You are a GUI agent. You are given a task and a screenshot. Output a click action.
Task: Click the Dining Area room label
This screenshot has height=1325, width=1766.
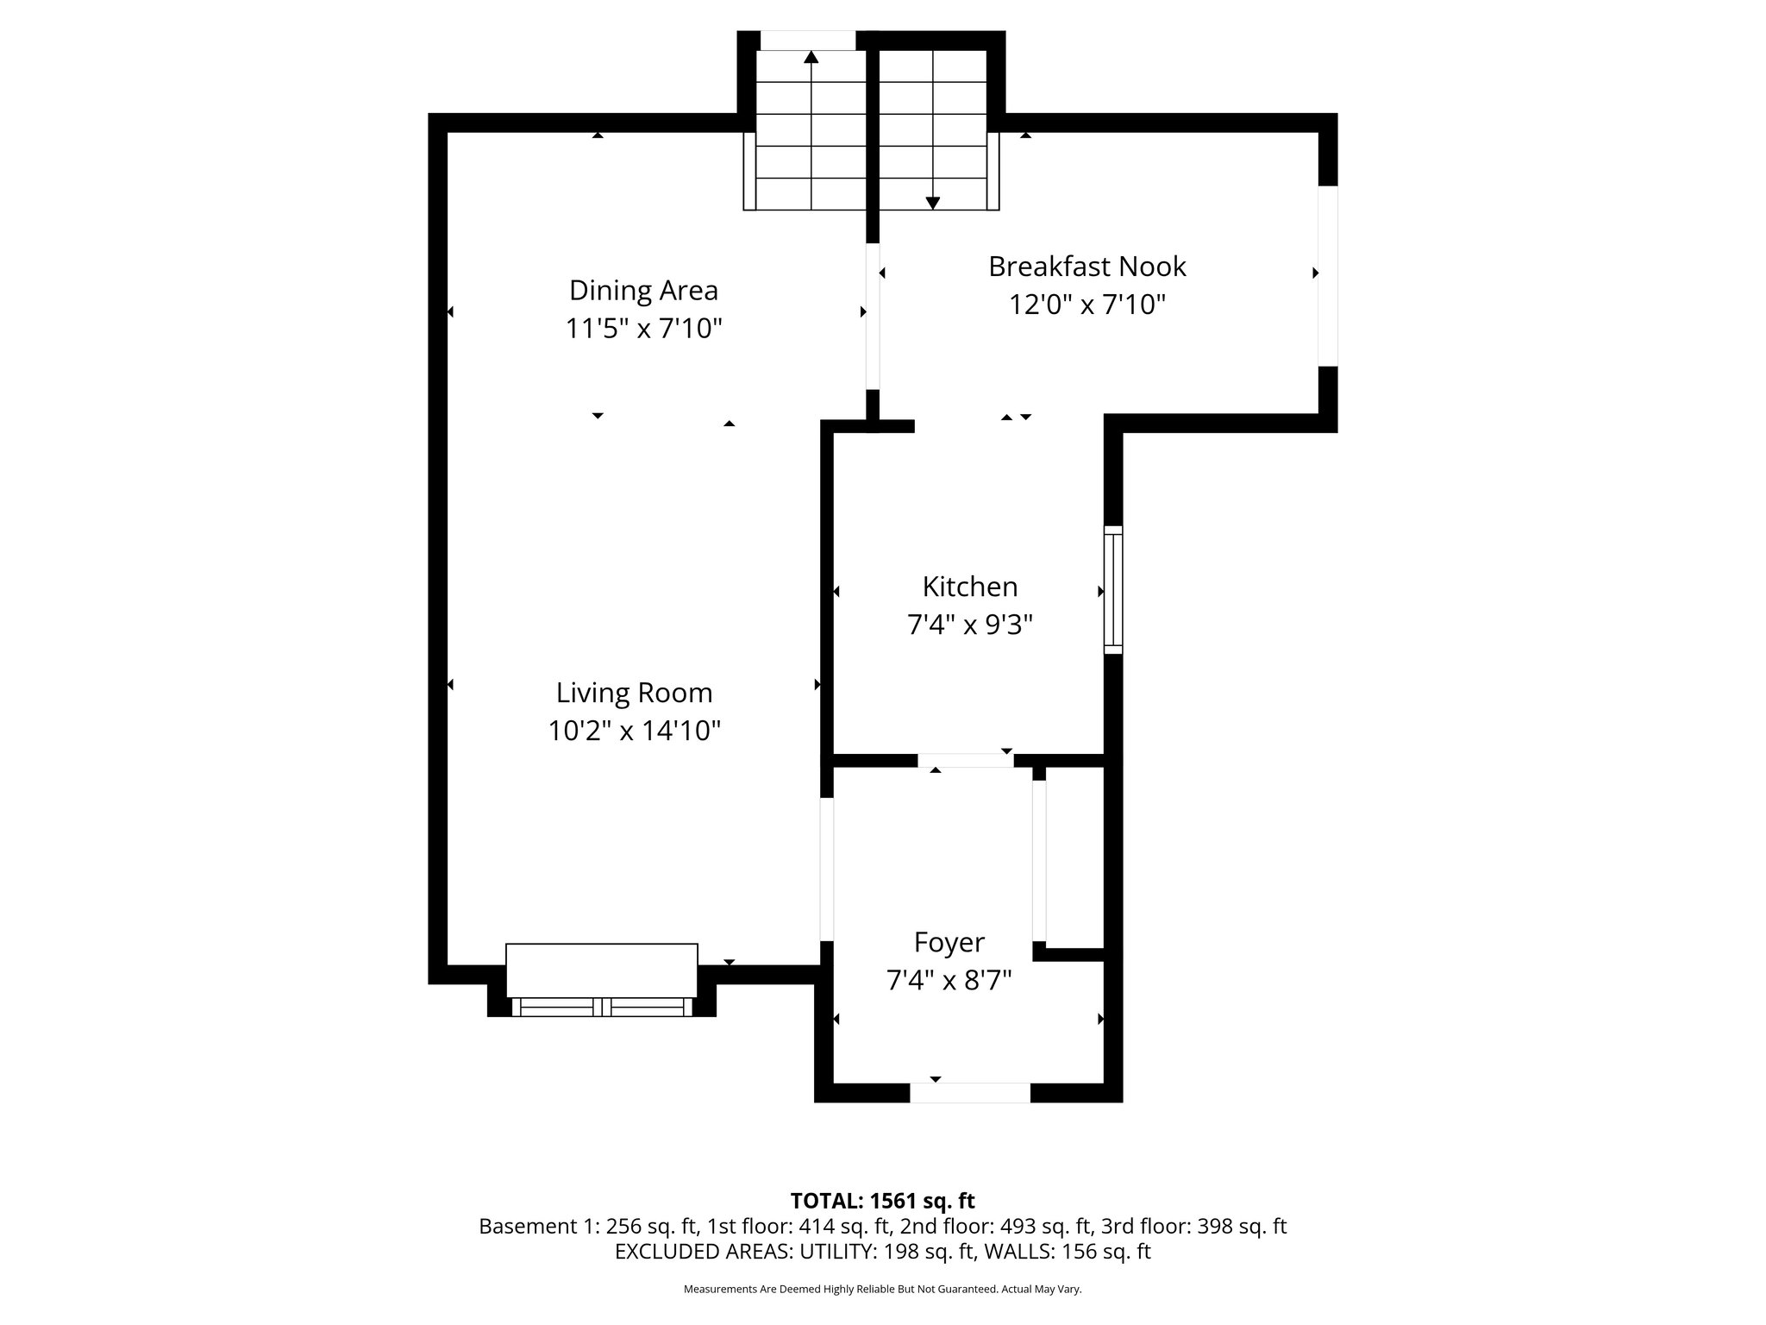coord(643,291)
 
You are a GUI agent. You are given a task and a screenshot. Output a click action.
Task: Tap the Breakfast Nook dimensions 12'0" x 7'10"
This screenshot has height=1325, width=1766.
coord(1087,305)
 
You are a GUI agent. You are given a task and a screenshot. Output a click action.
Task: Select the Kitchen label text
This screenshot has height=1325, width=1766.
coord(969,587)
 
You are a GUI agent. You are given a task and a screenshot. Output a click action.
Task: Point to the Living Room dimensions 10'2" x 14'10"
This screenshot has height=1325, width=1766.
coord(634,731)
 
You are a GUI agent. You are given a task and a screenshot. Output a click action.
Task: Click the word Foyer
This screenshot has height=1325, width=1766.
coord(949,943)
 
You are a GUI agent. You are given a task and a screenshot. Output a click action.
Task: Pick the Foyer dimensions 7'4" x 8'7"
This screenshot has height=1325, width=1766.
coord(949,981)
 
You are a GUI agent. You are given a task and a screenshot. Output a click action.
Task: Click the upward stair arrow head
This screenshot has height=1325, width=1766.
coord(811,58)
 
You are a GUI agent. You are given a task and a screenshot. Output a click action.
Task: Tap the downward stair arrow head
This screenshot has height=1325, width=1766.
coord(932,203)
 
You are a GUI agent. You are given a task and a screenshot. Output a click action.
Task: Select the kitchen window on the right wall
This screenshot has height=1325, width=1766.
coord(1113,590)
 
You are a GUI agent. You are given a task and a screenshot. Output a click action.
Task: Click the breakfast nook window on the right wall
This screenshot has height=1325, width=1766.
coord(1327,275)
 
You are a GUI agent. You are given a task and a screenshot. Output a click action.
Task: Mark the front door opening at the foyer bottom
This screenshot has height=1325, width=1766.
coord(969,1093)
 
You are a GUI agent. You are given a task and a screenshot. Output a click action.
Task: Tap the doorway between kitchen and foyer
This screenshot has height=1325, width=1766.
coord(965,760)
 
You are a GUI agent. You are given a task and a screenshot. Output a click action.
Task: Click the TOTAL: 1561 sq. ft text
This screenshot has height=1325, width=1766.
coord(882,1201)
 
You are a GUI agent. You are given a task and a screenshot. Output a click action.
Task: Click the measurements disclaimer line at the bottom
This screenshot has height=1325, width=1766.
coord(882,1289)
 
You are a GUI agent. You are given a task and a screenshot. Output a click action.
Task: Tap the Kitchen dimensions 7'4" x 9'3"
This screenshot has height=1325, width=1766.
coord(969,625)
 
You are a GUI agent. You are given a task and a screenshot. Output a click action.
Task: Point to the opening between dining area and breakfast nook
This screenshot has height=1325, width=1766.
coord(873,315)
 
